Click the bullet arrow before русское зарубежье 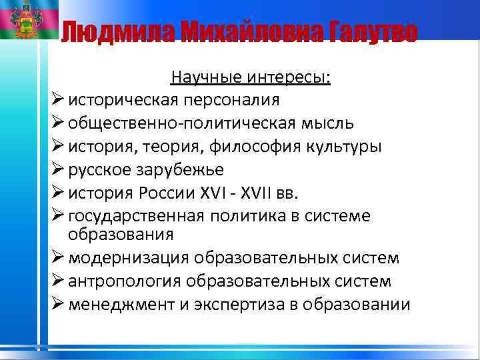tap(57, 169)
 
